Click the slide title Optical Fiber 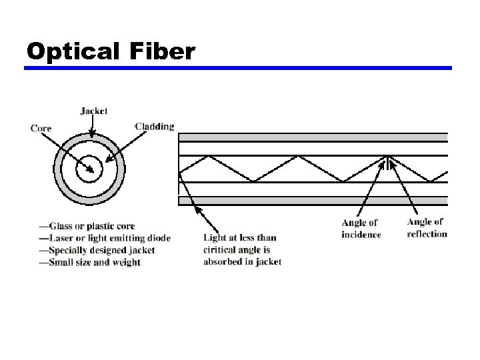(x=111, y=51)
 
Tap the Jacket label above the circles (x=93, y=111)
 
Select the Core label (x=41, y=128)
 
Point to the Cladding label (x=155, y=126)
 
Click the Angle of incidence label (x=361, y=229)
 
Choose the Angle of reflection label (x=427, y=228)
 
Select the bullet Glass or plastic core (x=87, y=227)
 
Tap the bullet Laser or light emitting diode (x=105, y=238)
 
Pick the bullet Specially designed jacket (x=97, y=250)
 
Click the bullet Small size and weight (x=89, y=262)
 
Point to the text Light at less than (x=239, y=237)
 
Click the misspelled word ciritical (x=223, y=249)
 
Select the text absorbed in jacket (x=242, y=261)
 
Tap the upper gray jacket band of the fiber (x=313, y=137)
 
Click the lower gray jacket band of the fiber (x=313, y=200)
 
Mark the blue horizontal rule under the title (x=239, y=68)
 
